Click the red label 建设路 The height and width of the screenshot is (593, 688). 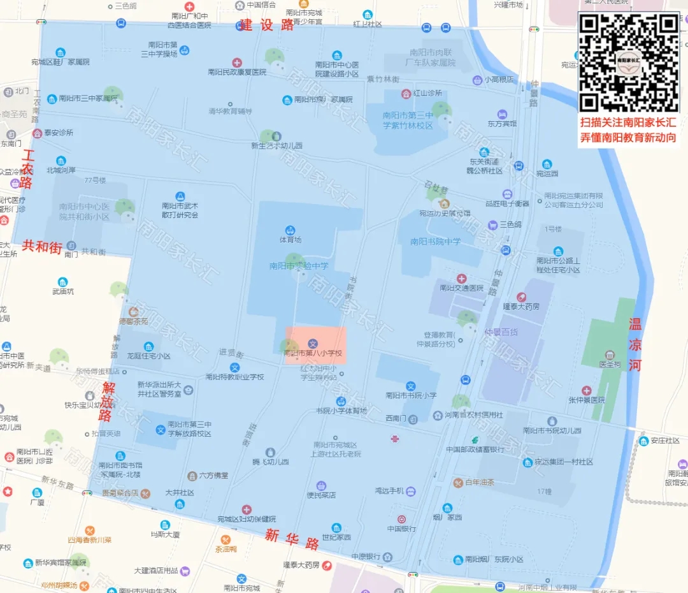(267, 25)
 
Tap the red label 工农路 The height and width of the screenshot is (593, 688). (27, 169)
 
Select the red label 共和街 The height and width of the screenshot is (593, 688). (42, 247)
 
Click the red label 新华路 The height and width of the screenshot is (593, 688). (292, 539)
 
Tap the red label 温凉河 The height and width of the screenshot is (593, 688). (635, 345)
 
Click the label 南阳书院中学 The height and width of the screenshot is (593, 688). (435, 242)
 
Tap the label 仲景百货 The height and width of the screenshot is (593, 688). (501, 332)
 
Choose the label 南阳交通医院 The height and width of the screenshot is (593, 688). (462, 288)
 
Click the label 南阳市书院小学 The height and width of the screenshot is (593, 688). (411, 395)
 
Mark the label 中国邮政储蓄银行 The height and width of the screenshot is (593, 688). (475, 449)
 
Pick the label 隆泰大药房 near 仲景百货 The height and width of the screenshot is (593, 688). (521, 306)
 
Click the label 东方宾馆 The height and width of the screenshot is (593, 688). (502, 123)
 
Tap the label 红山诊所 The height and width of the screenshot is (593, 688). (427, 93)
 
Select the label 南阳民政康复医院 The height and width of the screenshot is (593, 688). (237, 72)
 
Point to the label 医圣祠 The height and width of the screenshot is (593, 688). (610, 364)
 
